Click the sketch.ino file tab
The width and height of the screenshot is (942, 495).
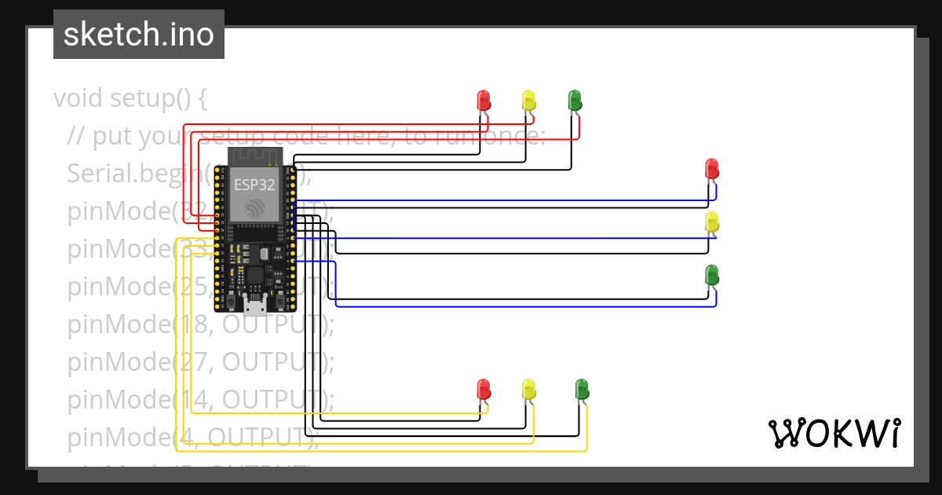[139, 35]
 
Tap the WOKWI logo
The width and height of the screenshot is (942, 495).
[834, 433]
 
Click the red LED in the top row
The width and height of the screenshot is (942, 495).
[484, 100]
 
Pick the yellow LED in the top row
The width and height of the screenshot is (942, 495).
[529, 100]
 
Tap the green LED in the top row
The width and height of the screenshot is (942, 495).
[575, 100]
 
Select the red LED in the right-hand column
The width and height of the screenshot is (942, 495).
[711, 168]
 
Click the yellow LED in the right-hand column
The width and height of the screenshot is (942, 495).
[711, 222]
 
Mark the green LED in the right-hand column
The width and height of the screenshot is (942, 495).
[712, 275]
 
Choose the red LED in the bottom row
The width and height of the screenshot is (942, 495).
[484, 389]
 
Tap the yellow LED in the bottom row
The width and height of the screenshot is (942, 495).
[529, 389]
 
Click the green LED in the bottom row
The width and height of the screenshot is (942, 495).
[582, 389]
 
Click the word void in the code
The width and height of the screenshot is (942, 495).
[78, 99]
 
